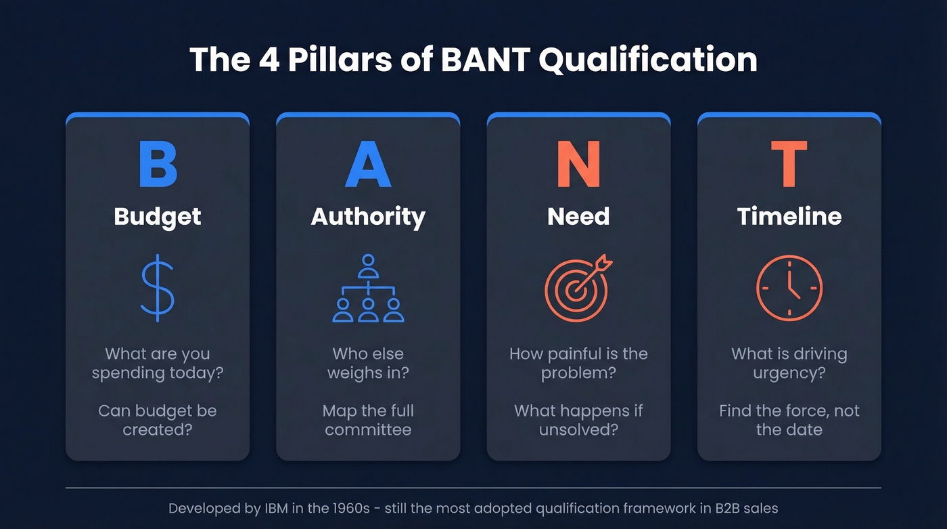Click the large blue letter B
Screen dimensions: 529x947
(x=158, y=164)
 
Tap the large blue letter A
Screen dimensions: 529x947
(x=368, y=164)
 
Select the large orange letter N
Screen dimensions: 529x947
(x=578, y=164)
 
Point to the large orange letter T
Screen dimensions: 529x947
(x=789, y=164)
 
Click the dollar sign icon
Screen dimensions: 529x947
(x=158, y=287)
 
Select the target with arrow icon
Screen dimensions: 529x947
(x=578, y=287)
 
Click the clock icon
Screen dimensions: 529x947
(x=789, y=288)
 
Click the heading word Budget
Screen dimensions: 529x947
(x=158, y=217)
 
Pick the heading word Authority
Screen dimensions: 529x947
(x=368, y=217)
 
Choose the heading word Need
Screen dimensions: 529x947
(x=578, y=217)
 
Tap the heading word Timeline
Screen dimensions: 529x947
(x=789, y=217)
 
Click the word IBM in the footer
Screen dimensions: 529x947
(x=272, y=508)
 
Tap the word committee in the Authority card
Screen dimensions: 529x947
(x=368, y=429)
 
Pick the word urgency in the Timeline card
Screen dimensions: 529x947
(x=789, y=373)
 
